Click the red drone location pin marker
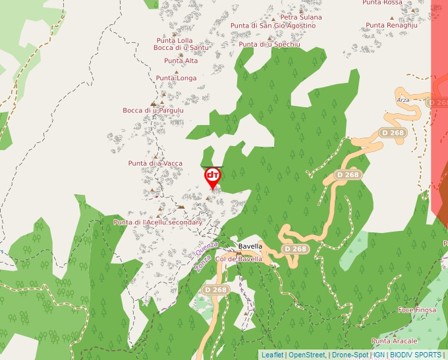213,176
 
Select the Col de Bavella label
238,259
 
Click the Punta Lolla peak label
175,41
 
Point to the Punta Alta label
181,61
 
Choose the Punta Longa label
176,78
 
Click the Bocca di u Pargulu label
153,110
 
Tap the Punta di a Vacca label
155,163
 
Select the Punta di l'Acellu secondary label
157,222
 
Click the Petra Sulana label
300,17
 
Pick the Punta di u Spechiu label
269,44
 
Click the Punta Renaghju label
391,25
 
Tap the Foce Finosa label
417,309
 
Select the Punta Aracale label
394,341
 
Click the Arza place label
403,99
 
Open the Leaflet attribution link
272,355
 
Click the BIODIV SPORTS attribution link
416,355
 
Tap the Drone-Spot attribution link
350,355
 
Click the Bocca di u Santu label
181,47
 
